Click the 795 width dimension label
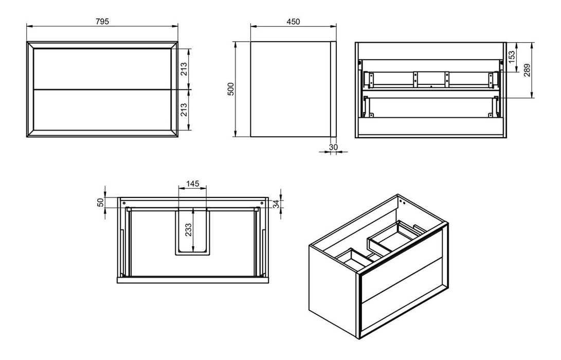coord(102,21)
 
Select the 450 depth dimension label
coord(293,21)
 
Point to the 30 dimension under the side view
coord(333,147)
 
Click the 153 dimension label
coord(512,57)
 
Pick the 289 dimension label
coord(527,70)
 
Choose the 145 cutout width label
coord(192,184)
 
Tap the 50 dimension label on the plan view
coord(101,202)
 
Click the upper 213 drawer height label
coord(184,69)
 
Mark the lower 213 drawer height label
coord(184,109)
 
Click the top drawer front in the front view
coord(102,68)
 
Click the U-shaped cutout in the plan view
coord(192,231)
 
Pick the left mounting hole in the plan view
coord(124,203)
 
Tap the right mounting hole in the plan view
coord(261,203)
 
